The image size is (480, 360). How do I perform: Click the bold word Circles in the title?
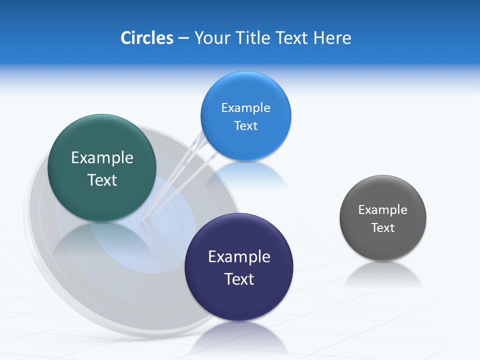(x=146, y=38)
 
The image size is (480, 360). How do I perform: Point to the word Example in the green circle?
(x=102, y=158)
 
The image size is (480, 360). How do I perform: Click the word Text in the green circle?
(x=102, y=180)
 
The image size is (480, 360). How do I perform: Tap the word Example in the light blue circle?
(x=245, y=108)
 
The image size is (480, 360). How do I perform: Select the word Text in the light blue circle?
(x=245, y=126)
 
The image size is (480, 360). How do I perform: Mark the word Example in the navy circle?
(x=239, y=257)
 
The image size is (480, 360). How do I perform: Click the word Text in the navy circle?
(x=239, y=279)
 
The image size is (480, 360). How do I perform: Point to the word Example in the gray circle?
(x=382, y=210)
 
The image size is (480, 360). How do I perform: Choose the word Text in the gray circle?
(x=382, y=228)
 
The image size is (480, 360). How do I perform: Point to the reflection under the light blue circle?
(x=250, y=175)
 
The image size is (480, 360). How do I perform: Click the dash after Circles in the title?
(x=183, y=38)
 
